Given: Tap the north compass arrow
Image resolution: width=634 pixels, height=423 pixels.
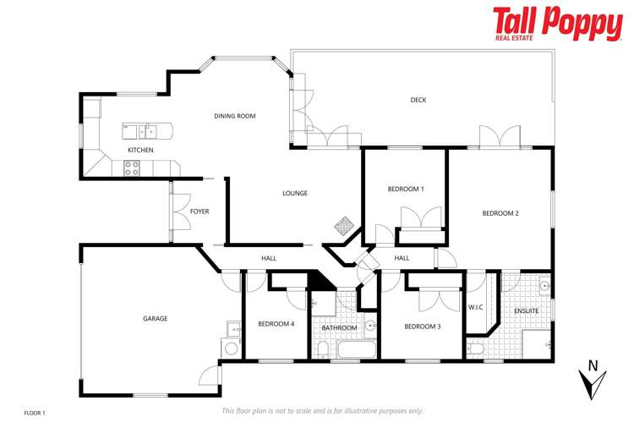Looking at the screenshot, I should (x=592, y=380).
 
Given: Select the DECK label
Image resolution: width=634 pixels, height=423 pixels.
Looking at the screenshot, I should (x=418, y=100).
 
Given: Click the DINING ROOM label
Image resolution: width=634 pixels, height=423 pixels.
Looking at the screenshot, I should (x=234, y=116).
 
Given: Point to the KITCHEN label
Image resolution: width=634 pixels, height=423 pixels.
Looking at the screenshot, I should (x=140, y=150).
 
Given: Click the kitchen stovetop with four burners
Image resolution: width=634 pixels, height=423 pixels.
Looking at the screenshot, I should (x=133, y=170).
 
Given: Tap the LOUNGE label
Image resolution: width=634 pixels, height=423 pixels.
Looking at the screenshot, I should (x=294, y=193).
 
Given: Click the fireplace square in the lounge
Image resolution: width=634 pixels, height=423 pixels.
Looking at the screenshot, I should (x=344, y=226).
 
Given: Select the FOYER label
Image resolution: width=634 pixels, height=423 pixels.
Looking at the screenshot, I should (x=199, y=211).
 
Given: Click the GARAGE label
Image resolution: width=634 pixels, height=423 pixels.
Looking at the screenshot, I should (x=155, y=319).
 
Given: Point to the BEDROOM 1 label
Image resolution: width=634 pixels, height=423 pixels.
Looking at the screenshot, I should (x=406, y=189).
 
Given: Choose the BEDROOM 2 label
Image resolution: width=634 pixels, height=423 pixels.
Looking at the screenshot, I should (x=500, y=213).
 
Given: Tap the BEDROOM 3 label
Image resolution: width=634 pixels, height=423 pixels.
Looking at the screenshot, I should (x=423, y=327).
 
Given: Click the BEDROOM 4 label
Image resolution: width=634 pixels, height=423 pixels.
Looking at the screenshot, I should (x=276, y=323).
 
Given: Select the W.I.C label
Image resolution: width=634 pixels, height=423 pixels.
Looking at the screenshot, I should (x=475, y=306).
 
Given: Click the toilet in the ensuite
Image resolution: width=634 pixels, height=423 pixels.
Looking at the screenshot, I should (x=475, y=349).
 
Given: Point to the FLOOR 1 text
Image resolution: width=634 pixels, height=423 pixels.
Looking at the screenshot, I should (x=34, y=413).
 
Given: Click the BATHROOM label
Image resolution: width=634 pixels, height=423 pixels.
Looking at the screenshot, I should (x=339, y=327).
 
